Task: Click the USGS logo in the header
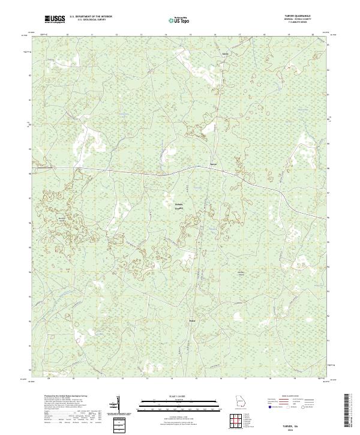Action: pyautogui.click(x=55, y=19)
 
